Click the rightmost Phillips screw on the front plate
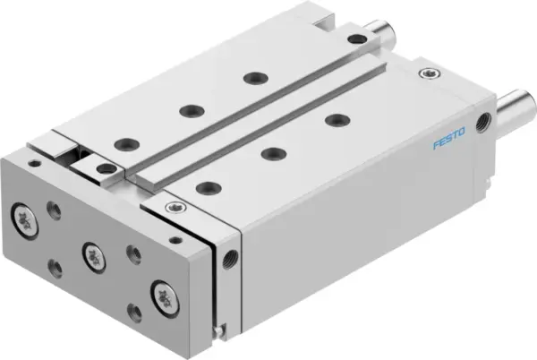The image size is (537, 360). [x=163, y=291]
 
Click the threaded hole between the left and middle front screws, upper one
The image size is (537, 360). [x=55, y=211]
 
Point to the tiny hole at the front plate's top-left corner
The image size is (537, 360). [x=33, y=163]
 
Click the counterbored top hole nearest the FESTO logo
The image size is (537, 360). [x=336, y=120]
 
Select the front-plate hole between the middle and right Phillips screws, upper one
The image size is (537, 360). [x=133, y=254]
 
